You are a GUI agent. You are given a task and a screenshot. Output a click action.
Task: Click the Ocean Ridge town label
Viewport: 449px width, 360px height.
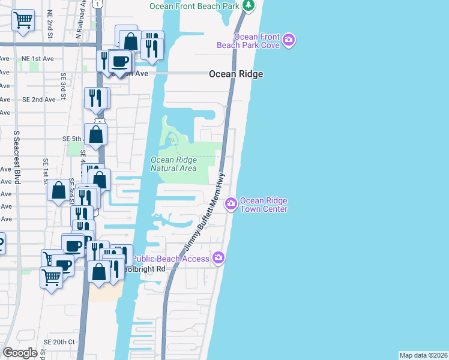click(x=236, y=74)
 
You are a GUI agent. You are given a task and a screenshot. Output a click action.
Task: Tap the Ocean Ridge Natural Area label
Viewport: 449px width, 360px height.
click(x=173, y=164)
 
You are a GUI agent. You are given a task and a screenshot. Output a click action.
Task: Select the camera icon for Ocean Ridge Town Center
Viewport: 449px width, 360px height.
click(x=231, y=205)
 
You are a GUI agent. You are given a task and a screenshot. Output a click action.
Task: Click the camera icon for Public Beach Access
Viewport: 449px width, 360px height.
click(x=218, y=258)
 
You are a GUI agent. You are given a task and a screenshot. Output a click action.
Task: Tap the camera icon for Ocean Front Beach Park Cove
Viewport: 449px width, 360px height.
click(x=289, y=41)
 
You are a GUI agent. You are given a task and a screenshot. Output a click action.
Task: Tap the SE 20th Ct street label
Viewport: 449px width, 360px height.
click(x=59, y=341)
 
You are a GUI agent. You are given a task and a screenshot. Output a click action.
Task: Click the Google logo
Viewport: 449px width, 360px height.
click(x=20, y=353)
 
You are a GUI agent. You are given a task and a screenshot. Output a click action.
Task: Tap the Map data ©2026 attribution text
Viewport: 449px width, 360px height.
click(x=423, y=355)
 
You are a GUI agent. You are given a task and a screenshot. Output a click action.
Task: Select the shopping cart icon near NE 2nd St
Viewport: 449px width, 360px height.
click(x=23, y=20)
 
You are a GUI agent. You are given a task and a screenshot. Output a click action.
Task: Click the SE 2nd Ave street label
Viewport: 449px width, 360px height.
click(x=38, y=100)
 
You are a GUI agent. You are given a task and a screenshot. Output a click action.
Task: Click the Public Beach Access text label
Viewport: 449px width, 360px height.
click(x=170, y=259)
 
